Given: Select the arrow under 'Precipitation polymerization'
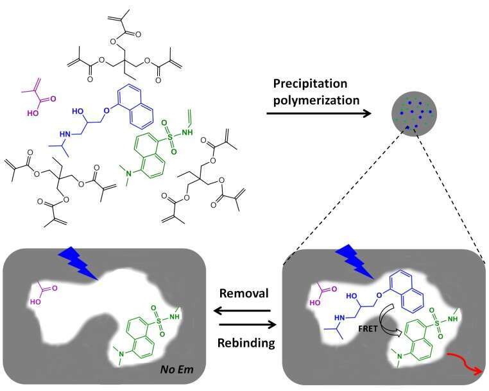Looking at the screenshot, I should pyautogui.click(x=320, y=114).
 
